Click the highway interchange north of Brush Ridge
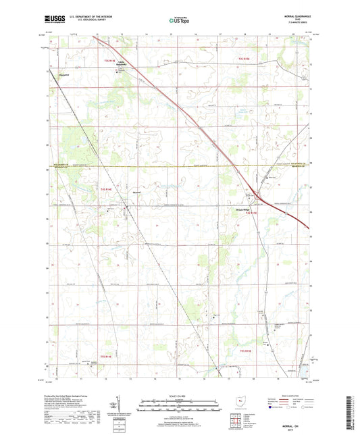click(x=254, y=191)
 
